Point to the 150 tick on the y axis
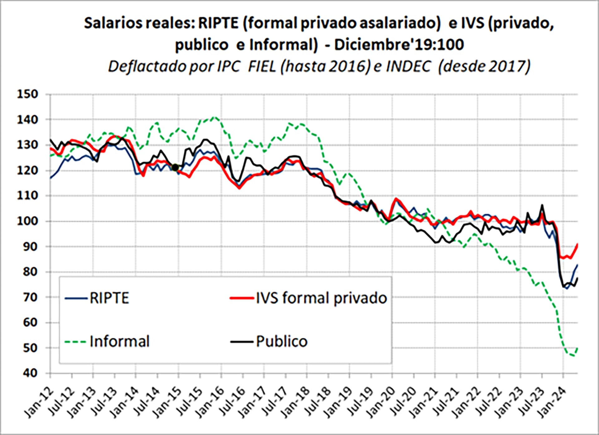pos(27,94)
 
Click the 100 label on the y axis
pos(27,221)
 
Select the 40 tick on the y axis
pos(30,373)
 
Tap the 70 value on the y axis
pos(30,297)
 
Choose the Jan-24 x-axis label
pos(551,402)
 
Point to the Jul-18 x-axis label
pos(316,402)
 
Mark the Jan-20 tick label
pos(381,402)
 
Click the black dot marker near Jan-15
pos(175,168)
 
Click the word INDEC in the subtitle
pos(408,66)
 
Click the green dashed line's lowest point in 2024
pos(573,356)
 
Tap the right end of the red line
pos(577,244)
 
